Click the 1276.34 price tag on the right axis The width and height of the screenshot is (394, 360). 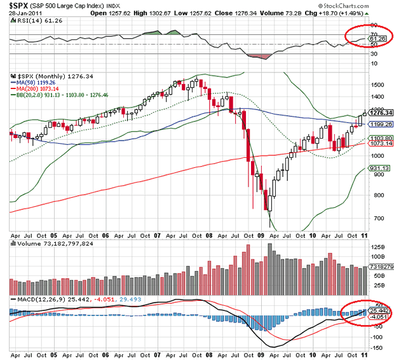[377, 113]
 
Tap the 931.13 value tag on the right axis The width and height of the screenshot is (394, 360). [377, 168]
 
